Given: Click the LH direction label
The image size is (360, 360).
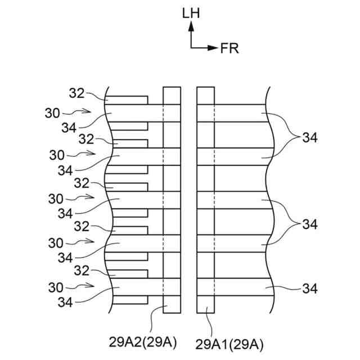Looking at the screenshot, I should [x=191, y=12].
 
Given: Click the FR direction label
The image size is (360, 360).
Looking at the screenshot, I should [x=229, y=48].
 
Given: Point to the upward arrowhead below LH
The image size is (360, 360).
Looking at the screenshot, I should [x=191, y=25].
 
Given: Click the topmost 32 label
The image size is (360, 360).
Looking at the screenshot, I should [x=76, y=93].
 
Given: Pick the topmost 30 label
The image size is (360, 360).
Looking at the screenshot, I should [x=52, y=112].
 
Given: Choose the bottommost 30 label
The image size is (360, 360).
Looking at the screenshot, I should [x=52, y=288].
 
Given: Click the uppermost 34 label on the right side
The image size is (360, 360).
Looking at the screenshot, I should [x=310, y=137].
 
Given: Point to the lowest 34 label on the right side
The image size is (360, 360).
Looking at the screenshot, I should [x=310, y=289].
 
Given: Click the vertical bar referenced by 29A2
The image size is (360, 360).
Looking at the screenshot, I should [x=172, y=200].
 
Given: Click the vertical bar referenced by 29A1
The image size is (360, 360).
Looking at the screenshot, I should [x=205, y=200].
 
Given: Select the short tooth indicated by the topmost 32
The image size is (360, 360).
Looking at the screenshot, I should [x=129, y=100].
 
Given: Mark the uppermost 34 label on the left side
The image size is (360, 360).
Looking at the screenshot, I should [x=69, y=128].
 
